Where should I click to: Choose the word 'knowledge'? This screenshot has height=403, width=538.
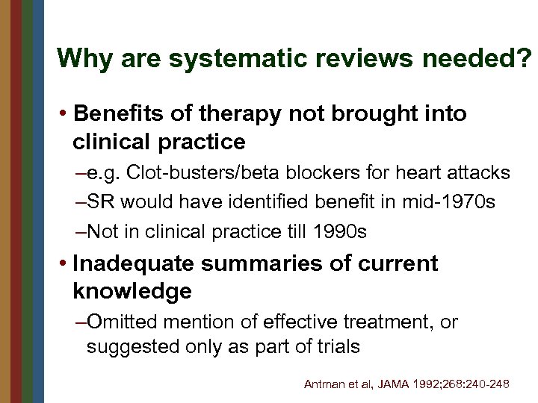[x=132, y=291]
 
